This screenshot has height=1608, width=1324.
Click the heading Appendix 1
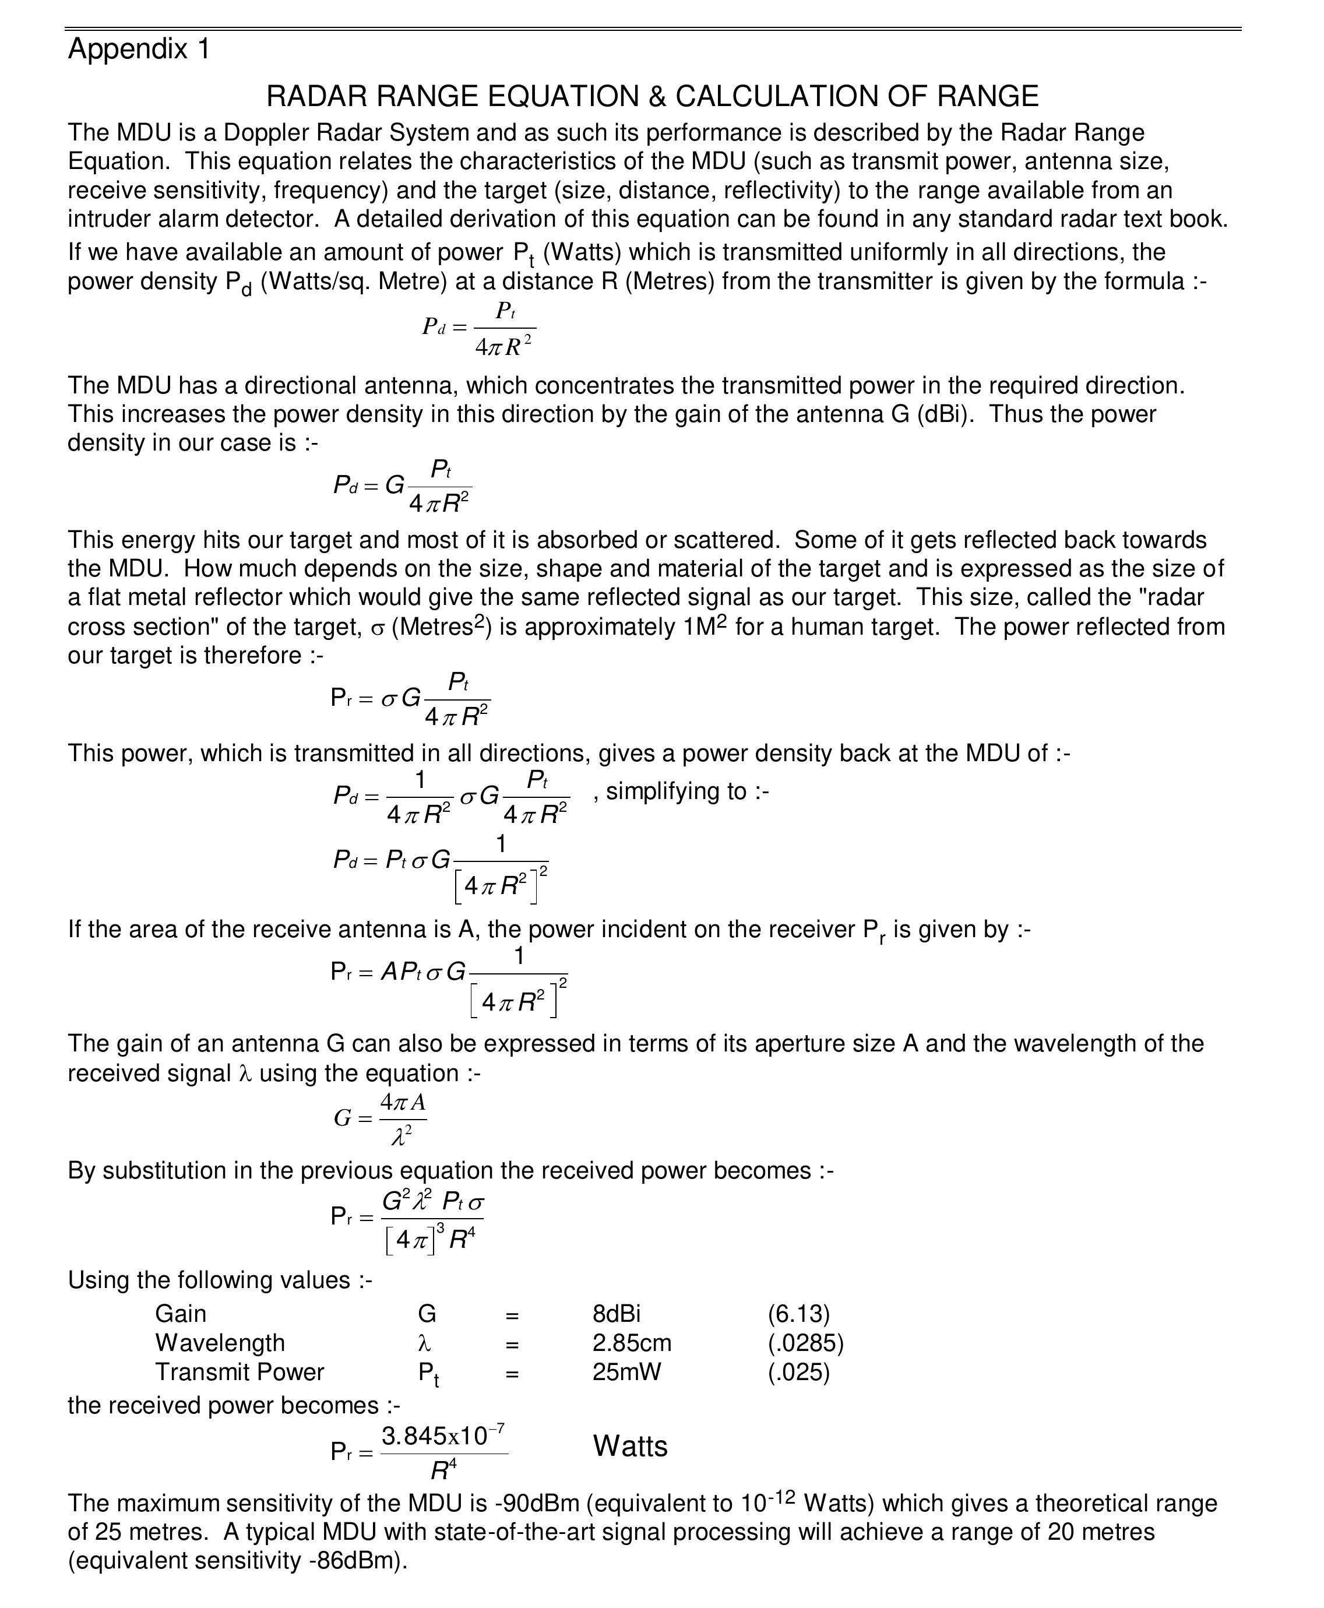point(139,49)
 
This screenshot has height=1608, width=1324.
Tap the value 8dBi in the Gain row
point(616,1314)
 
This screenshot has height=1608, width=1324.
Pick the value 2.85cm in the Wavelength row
point(632,1343)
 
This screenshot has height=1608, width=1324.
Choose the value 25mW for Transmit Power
point(626,1371)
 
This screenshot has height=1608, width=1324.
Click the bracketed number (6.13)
point(798,1314)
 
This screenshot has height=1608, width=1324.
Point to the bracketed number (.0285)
point(805,1343)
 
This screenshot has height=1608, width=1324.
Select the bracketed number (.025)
point(798,1371)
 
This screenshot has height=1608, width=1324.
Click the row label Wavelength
point(220,1343)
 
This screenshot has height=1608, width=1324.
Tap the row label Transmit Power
point(240,1371)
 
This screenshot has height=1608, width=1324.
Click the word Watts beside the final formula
point(630,1447)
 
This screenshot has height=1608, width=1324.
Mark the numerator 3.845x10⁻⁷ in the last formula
point(443,1437)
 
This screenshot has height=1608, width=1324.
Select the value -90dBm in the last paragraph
point(536,1504)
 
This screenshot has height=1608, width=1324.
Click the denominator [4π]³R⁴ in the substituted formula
point(431,1240)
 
